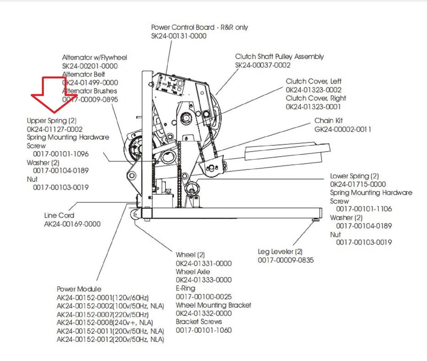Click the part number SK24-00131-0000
click(179, 36)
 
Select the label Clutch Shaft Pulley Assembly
click(279, 57)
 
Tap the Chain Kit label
click(328, 121)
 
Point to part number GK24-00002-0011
click(342, 129)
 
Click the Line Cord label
click(59, 215)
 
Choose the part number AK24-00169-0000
click(72, 224)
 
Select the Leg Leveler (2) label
click(280, 252)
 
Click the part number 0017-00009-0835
click(286, 260)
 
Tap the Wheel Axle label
click(193, 272)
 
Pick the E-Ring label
click(185, 288)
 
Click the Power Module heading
click(79, 289)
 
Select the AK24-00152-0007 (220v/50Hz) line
click(102, 314)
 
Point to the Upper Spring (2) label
click(52, 121)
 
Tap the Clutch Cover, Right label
click(316, 98)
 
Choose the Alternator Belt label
click(84, 74)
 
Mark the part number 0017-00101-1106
click(364, 209)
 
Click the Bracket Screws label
click(199, 322)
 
